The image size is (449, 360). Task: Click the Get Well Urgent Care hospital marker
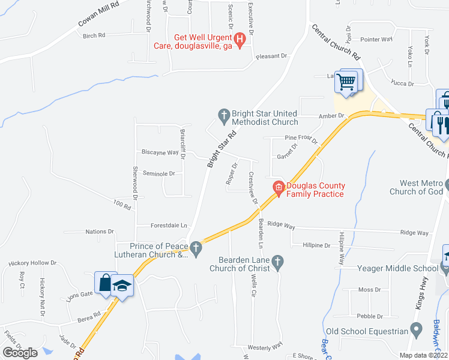pyautogui.click(x=240, y=41)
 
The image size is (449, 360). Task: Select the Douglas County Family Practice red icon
pyautogui.click(x=278, y=188)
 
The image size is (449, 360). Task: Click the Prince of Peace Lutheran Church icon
pyautogui.click(x=194, y=247)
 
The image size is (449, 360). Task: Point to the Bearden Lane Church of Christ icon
pyautogui.click(x=277, y=261)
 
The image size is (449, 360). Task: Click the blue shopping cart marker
pyautogui.click(x=347, y=81)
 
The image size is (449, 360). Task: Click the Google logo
pyautogui.click(x=20, y=353)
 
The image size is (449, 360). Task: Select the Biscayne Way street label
pyautogui.click(x=160, y=152)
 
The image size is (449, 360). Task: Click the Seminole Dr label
pyautogui.click(x=159, y=173)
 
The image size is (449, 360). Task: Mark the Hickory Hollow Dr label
pyautogui.click(x=32, y=263)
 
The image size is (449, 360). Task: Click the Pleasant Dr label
pyautogui.click(x=272, y=56)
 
